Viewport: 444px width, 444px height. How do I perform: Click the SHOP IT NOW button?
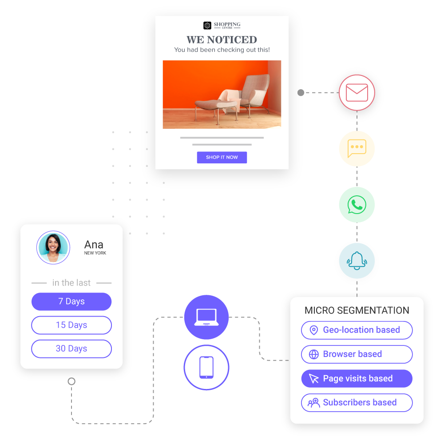222,157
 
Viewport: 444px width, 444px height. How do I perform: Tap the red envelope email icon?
357,92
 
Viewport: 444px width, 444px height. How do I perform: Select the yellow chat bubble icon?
357,148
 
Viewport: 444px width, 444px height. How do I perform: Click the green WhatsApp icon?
357,205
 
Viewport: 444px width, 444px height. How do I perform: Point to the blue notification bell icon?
357,261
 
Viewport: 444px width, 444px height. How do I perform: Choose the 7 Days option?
71,301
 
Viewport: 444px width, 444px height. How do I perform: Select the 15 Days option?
71,325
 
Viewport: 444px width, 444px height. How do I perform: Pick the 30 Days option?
71,349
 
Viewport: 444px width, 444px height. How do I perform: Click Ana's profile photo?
53,248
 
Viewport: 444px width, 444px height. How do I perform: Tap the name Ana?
94,245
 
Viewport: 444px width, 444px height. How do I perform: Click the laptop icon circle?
206,317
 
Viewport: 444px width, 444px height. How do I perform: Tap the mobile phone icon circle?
206,367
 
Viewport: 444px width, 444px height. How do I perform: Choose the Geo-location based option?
357,330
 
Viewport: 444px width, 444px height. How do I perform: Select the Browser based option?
357,354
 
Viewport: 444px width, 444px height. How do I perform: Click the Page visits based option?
357,378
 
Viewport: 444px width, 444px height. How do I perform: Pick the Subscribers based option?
357,403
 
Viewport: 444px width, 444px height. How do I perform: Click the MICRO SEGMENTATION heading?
357,310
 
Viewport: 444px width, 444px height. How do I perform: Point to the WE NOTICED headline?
222,40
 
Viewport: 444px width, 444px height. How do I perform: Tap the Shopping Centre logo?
222,25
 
